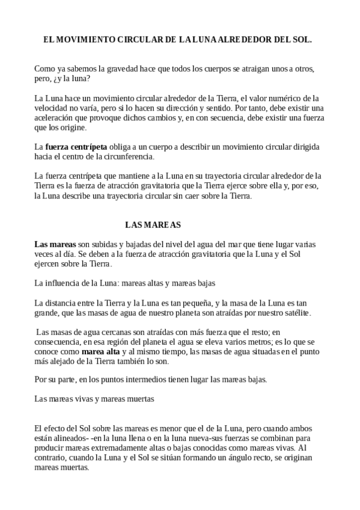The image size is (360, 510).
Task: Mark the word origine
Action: [72, 128]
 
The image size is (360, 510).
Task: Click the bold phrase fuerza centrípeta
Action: [76, 147]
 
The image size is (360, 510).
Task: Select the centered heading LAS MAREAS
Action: [153, 225]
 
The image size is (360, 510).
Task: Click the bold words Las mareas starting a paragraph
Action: [55, 244]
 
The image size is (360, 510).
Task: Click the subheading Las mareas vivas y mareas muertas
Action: [94, 398]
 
